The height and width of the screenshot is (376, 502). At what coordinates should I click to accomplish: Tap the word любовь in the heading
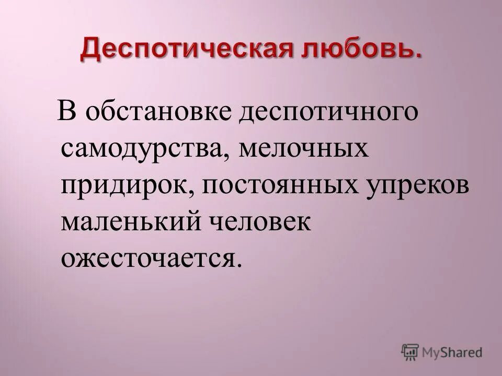coord(362,51)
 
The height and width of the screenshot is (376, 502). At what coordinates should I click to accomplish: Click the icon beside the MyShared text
coord(410,351)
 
